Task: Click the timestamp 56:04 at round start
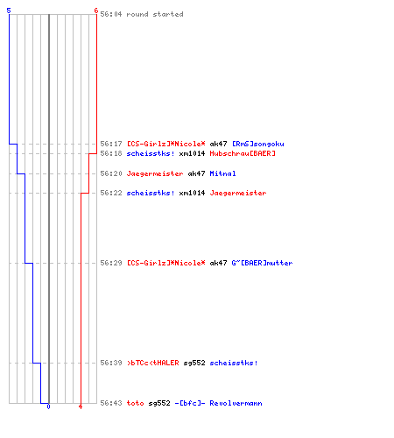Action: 111,14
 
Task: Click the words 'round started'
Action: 155,14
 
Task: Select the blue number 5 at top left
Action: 9,11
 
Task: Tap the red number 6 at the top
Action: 96,11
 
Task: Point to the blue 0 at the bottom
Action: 48,406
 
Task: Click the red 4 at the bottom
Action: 81,406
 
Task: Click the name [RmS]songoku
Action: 258,144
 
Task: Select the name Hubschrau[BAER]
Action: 243,153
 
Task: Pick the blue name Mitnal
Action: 222,173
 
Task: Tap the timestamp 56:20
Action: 111,173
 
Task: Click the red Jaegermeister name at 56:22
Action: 238,193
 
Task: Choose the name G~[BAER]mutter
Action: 262,263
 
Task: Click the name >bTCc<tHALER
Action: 153,363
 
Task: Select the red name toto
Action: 135,403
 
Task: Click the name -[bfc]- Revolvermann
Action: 218,403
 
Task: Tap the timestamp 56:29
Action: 111,263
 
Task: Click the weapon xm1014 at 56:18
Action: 192,153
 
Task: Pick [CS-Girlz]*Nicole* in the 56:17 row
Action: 166,144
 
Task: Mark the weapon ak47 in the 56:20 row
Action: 196,173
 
